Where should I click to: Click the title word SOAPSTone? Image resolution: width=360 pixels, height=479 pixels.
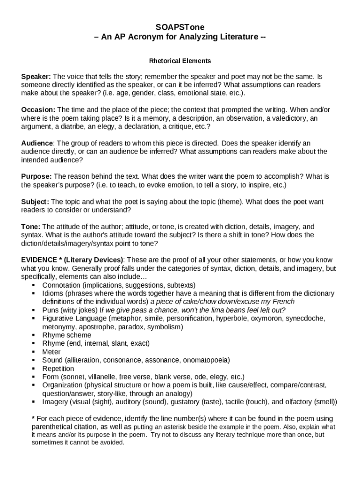tap(180, 28)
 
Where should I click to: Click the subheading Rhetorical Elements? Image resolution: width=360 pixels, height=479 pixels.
tap(180, 61)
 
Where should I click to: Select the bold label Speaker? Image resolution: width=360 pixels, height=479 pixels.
tap(36, 76)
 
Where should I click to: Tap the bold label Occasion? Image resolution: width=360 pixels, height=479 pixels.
tap(38, 109)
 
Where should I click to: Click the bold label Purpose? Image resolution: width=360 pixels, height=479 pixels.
tap(36, 176)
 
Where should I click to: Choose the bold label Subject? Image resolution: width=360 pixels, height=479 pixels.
tap(35, 202)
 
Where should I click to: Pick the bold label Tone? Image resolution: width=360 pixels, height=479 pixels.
tap(31, 226)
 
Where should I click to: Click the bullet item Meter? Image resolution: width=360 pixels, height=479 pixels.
tap(51, 352)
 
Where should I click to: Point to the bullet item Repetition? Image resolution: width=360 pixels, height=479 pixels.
tap(58, 369)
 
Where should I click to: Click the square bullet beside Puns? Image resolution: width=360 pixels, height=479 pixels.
tap(34, 310)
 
